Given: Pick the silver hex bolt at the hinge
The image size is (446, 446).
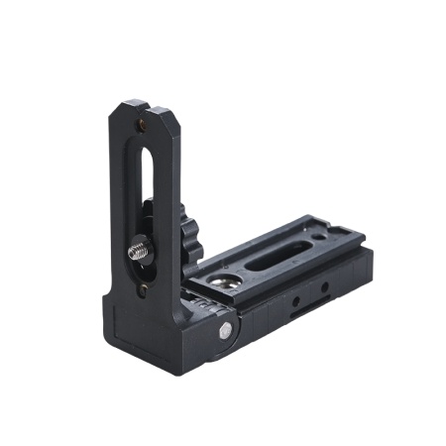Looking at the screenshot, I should [x=226, y=331].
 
